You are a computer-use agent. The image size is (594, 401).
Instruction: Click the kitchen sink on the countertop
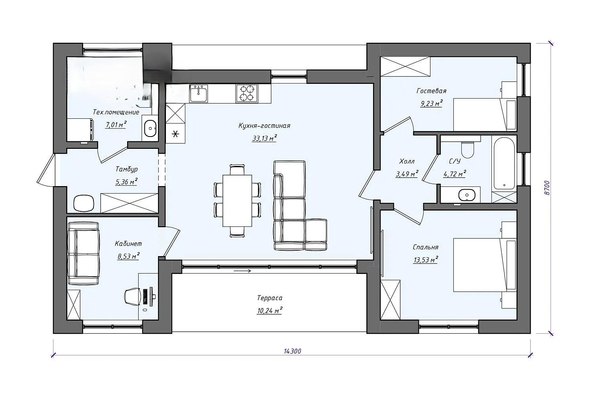pyautogui.click(x=198, y=93)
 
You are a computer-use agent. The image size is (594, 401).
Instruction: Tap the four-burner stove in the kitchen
pyautogui.click(x=247, y=93)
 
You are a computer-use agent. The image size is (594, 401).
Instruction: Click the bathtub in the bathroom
pyautogui.click(x=504, y=163)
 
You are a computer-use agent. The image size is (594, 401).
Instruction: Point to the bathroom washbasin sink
pyautogui.click(x=467, y=195)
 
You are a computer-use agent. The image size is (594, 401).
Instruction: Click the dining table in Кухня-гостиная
pyautogui.click(x=237, y=201)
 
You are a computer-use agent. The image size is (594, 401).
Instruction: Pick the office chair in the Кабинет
pyautogui.click(x=133, y=296)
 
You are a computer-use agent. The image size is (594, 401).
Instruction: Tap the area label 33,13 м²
pyautogui.click(x=265, y=138)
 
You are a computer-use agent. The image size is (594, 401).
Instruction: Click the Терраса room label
pyautogui.click(x=270, y=298)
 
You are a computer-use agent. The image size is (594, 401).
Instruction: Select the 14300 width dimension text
pyautogui.click(x=293, y=351)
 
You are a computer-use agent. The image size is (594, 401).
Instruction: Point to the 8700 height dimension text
pyautogui.click(x=546, y=188)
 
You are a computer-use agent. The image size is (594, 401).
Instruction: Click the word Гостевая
pyautogui.click(x=432, y=91)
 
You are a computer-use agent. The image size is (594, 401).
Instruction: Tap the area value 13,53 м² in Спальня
pyautogui.click(x=425, y=259)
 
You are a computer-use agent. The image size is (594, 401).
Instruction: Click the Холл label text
pyautogui.click(x=407, y=161)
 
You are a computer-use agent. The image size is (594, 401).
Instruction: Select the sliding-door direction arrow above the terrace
pyautogui.click(x=242, y=271)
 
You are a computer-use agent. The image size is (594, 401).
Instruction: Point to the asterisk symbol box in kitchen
pyautogui.click(x=175, y=134)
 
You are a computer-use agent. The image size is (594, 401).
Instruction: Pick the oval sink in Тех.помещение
pyautogui.click(x=150, y=128)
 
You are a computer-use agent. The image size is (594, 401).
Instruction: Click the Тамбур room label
pyautogui.click(x=126, y=169)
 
